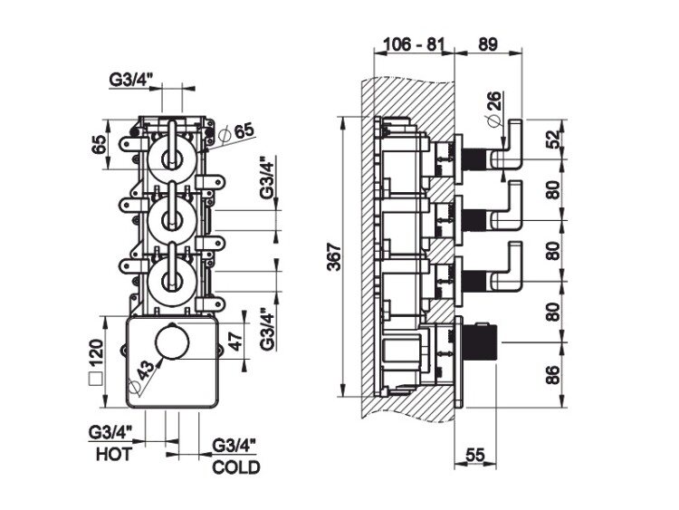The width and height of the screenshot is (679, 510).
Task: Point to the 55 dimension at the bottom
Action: (x=476, y=455)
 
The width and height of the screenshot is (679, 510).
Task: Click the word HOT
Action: (x=113, y=454)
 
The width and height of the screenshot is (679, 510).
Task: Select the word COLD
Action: (x=235, y=468)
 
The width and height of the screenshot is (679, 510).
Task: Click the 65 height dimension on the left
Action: (x=100, y=144)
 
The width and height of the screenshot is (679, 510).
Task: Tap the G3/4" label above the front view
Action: (x=133, y=79)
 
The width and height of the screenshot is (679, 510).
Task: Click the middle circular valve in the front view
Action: (x=169, y=217)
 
